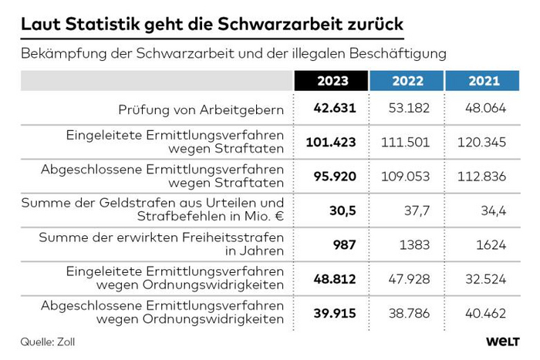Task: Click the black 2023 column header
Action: (332, 80)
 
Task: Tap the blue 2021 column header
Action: (484, 80)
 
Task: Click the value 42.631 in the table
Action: (335, 109)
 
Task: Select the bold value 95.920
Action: (335, 177)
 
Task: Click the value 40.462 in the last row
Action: (484, 313)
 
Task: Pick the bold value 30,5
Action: (341, 210)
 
